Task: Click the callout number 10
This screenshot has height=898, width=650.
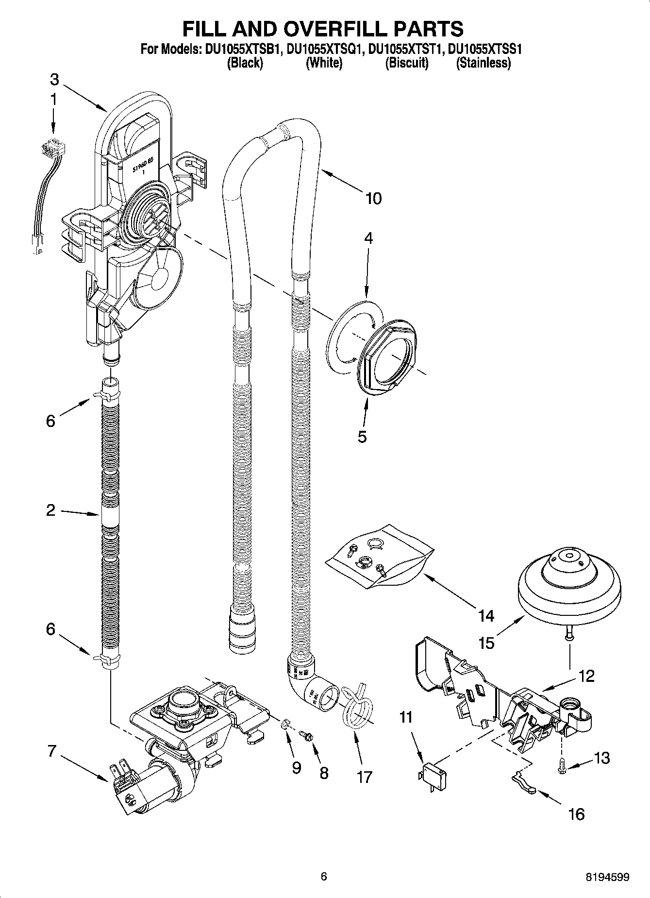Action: coord(373,198)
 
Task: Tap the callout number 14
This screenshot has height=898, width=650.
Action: coord(485,616)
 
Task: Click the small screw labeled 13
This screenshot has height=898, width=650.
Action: coord(563,765)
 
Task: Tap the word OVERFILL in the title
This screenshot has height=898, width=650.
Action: coord(322,29)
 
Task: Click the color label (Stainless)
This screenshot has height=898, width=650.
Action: coord(483,63)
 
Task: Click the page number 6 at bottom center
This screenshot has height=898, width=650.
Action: coord(324,876)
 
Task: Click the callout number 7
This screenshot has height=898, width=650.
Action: coord(52,751)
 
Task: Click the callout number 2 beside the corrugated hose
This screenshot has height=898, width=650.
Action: coord(51,510)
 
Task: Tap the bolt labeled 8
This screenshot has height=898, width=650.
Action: coord(306,736)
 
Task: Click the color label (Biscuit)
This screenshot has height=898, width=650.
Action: coord(407,63)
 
